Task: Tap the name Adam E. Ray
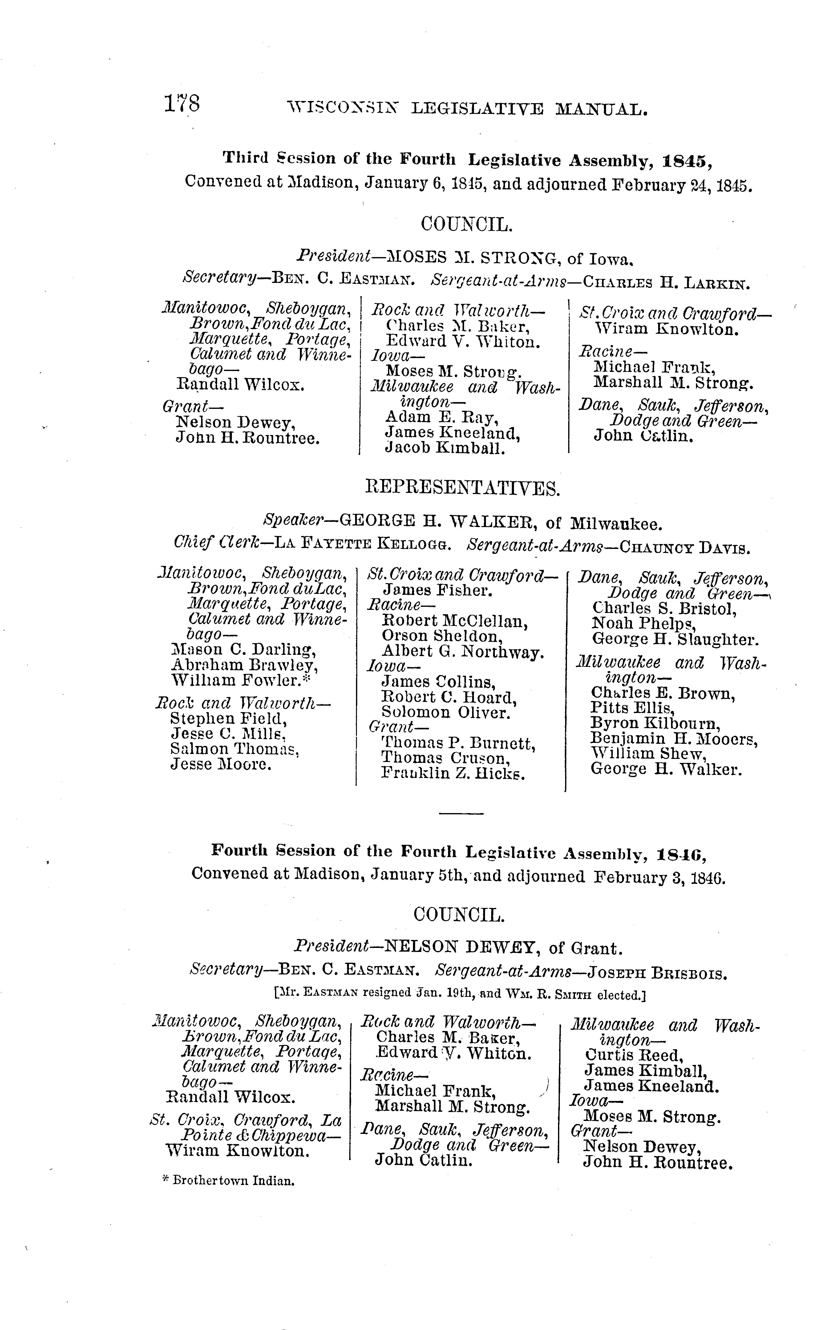pos(441,417)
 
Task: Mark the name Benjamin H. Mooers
pos(674,738)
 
